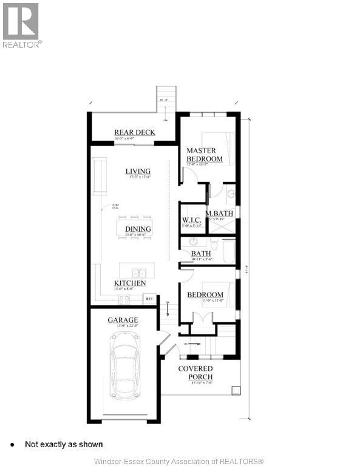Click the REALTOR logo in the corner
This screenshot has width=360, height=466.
click(x=21, y=24)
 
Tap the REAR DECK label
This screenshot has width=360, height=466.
click(x=135, y=132)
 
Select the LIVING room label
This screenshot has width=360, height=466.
click(x=138, y=172)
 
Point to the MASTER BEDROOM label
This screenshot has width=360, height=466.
click(x=204, y=155)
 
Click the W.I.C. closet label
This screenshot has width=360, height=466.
click(x=192, y=220)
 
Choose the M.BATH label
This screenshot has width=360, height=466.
click(x=219, y=214)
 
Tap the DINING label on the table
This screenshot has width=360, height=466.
click(x=138, y=229)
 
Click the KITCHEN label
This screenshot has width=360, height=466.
click(x=130, y=283)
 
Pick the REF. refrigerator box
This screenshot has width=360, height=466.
click(x=149, y=299)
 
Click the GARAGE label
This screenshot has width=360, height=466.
click(x=123, y=320)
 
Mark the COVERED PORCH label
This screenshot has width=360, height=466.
click(x=195, y=373)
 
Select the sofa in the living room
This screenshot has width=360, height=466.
click(x=100, y=175)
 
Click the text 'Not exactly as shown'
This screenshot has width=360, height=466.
click(x=64, y=445)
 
